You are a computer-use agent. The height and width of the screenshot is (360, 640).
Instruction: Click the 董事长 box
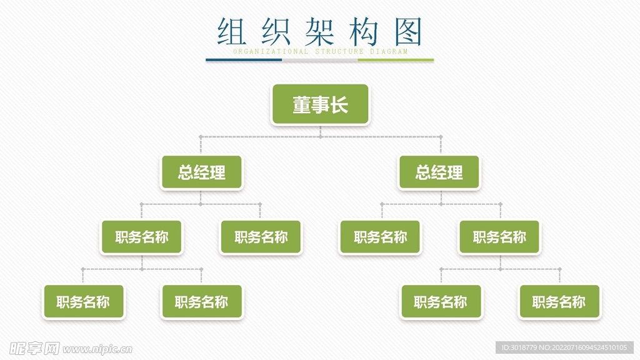pyautogui.click(x=320, y=104)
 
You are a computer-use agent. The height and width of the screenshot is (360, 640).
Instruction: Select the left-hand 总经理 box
pyautogui.click(x=201, y=172)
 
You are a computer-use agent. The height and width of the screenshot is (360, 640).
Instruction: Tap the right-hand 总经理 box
pyautogui.click(x=439, y=172)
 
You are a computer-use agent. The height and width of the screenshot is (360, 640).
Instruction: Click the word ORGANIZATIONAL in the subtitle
pyautogui.click(x=270, y=52)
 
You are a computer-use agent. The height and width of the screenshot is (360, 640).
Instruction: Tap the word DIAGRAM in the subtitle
pyautogui.click(x=389, y=52)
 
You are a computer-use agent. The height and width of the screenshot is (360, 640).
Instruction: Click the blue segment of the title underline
pyautogui.click(x=244, y=61)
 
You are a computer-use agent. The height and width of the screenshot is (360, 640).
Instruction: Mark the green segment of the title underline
pyautogui.click(x=396, y=61)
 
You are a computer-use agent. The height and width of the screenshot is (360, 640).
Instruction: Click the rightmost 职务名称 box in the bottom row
pyautogui.click(x=559, y=302)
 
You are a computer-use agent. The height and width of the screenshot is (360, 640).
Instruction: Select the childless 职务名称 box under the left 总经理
pyautogui.click(x=261, y=237)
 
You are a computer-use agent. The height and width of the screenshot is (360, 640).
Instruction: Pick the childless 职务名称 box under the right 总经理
pyautogui.click(x=380, y=237)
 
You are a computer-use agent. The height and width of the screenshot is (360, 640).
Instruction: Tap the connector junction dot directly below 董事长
pyautogui.click(x=321, y=136)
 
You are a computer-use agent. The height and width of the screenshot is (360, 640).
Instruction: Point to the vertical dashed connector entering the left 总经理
pyautogui.click(x=201, y=145)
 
